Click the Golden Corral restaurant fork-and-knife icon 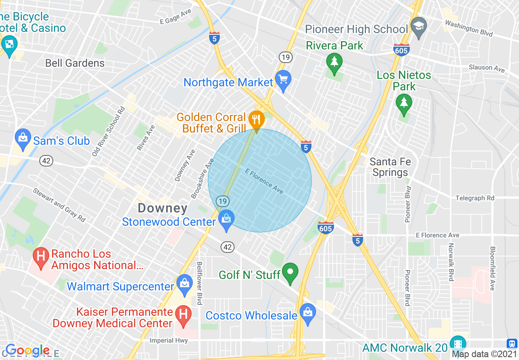pos(256,119)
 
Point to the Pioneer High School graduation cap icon pos(419,26)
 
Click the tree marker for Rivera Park pos(334,62)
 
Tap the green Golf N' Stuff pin pos(291,271)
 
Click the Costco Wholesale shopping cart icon pos(307,312)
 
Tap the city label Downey pos(162,208)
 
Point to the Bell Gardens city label pos(75,63)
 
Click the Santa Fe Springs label pos(390,167)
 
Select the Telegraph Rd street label pos(475,198)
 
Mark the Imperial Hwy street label pos(169,340)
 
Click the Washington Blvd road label pos(469,28)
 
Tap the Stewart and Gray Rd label pos(59,205)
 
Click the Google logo pos(27,351)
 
